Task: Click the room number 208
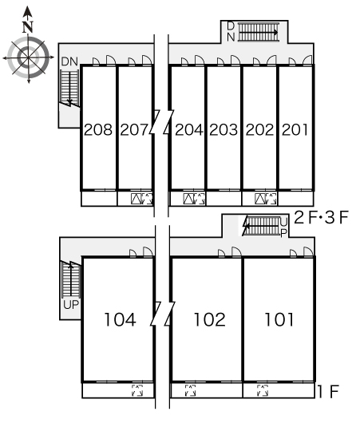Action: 98,130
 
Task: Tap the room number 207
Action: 134,130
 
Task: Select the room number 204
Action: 189,130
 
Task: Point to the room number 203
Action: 224,130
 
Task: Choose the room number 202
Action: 259,130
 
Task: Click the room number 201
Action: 295,130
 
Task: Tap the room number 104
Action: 120,320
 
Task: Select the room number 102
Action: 210,320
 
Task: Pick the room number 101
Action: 279,320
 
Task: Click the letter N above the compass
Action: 27,26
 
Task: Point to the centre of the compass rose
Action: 28,57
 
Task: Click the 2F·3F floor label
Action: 321,217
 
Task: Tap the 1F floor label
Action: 328,391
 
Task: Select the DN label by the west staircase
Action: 69,61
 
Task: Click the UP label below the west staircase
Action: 71,305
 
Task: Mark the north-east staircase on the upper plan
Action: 259,33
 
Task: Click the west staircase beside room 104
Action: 71,279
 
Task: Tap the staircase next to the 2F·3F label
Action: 261,226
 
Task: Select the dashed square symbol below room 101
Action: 263,390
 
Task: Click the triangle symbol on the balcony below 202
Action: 260,199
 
